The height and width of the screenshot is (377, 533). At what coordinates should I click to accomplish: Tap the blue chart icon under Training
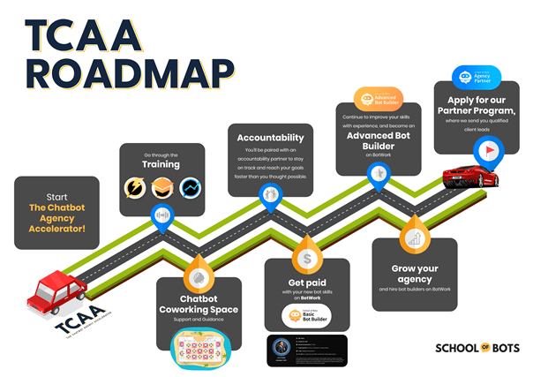pos(189,187)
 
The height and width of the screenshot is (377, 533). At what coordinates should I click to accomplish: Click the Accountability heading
pos(270,138)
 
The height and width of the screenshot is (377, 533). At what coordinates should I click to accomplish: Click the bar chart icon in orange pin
pos(411,239)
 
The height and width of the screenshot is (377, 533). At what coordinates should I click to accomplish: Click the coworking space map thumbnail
pos(199,351)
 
